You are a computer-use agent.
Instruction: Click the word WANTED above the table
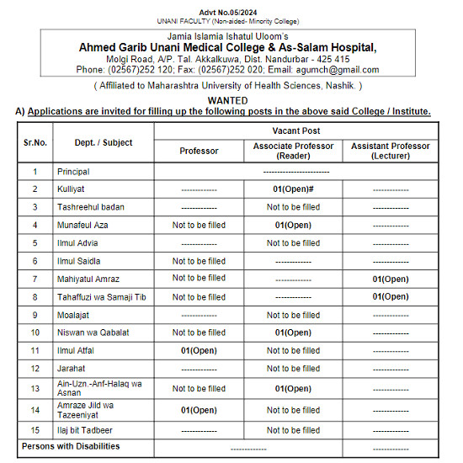click(231, 100)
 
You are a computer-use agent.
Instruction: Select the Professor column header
click(199, 151)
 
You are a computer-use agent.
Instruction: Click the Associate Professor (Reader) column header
click(293, 151)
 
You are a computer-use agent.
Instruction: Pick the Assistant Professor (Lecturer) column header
click(391, 151)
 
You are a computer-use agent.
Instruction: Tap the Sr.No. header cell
click(35, 142)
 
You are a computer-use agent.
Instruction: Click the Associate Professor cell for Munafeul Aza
click(293, 226)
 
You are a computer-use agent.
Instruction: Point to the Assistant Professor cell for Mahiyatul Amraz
click(391, 279)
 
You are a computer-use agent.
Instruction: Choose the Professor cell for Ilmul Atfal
click(199, 350)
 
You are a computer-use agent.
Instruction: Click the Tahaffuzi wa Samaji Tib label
click(102, 297)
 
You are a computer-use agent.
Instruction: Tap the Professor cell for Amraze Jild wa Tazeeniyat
click(199, 410)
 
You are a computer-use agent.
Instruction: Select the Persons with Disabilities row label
click(71, 446)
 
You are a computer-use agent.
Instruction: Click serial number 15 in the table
click(35, 430)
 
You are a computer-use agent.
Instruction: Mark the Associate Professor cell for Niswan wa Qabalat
click(293, 333)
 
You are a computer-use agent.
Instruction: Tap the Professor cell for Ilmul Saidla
click(199, 261)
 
